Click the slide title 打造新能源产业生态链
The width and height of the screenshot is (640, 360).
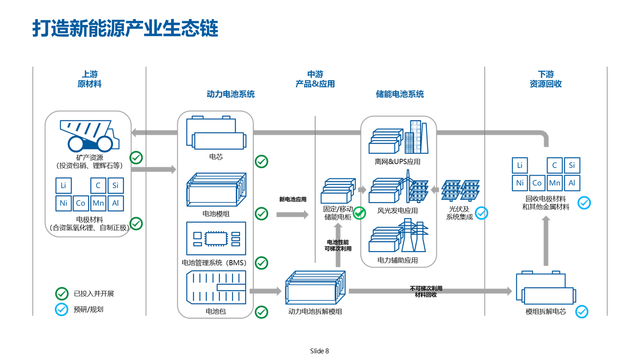[125, 28]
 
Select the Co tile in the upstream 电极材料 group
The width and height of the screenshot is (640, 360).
[80, 203]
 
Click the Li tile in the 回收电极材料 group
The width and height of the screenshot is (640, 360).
[520, 166]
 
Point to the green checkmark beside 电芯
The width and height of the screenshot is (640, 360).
[261, 161]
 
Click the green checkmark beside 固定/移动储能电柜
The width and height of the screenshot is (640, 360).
[359, 213]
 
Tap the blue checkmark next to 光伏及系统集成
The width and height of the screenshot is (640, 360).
[481, 213]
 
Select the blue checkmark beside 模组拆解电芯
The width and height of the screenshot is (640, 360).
[582, 311]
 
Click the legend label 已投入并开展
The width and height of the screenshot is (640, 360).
[94, 294]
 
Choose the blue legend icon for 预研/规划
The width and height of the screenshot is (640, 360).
[61, 309]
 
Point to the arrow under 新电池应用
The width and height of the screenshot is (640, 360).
[292, 215]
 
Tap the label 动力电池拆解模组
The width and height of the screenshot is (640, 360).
[315, 312]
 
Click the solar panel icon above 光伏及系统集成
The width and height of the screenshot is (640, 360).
[460, 190]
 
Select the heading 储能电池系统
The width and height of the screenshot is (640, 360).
[400, 94]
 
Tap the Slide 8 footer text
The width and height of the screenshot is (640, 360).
[320, 351]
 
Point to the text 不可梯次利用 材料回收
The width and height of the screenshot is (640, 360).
[426, 292]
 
